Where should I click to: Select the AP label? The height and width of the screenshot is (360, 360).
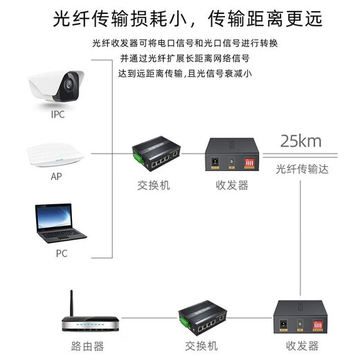click(x=57, y=176)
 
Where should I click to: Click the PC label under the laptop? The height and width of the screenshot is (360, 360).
click(x=62, y=253)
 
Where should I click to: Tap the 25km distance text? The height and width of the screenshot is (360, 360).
click(x=300, y=142)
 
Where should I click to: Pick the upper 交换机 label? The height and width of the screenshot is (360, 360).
click(x=153, y=186)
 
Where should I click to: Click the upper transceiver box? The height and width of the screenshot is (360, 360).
click(x=232, y=156)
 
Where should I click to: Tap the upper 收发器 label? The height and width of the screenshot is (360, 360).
click(x=233, y=186)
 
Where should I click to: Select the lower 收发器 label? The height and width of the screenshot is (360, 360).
click(x=303, y=346)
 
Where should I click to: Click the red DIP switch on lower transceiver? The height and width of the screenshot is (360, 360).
click(x=319, y=323)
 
